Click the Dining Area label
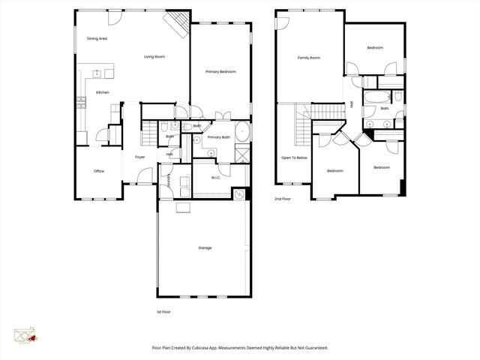97,38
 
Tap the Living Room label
154,57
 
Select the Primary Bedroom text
220,71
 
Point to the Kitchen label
102,92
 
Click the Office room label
98,172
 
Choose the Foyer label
139,157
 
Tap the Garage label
205,247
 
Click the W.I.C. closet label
215,178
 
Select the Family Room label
308,58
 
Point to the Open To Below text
294,157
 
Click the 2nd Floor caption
283,199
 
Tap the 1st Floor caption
163,311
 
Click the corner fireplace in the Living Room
178,23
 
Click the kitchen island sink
96,73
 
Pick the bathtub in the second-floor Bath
376,97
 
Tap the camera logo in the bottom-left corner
25,335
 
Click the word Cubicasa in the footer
199,347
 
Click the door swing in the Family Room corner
281,22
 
